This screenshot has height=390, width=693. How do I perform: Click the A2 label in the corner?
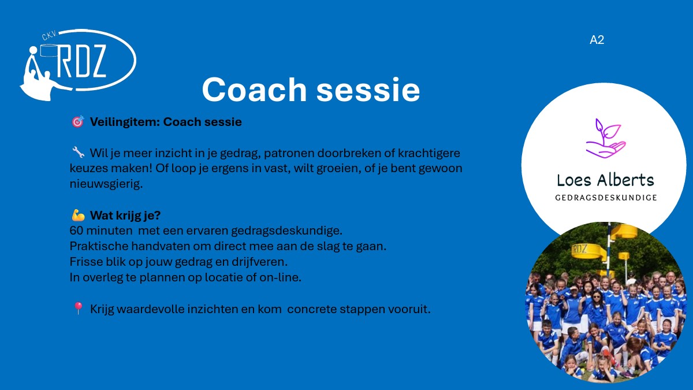click(x=597, y=40)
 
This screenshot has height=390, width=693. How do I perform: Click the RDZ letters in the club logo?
click(x=81, y=61)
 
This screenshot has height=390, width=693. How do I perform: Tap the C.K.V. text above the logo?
click(x=50, y=36)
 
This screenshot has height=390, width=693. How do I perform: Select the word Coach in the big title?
click(x=254, y=90)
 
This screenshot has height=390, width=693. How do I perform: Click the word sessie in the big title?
click(x=368, y=90)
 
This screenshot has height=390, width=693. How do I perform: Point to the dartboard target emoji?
click(x=77, y=122)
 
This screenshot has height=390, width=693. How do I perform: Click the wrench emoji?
click(x=78, y=153)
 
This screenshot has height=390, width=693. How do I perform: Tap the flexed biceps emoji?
click(x=78, y=215)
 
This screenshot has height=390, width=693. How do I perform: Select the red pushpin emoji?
click(x=78, y=309)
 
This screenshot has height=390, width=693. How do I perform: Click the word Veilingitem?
click(x=125, y=122)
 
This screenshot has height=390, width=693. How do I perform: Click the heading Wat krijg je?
click(x=125, y=216)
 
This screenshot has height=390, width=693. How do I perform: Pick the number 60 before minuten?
click(x=76, y=231)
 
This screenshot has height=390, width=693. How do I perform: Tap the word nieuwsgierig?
click(x=106, y=184)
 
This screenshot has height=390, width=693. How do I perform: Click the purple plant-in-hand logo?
click(x=605, y=138)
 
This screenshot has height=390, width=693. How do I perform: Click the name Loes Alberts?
click(x=605, y=180)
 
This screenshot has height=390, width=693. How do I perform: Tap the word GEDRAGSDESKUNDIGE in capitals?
click(x=606, y=198)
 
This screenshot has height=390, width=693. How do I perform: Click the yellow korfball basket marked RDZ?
click(x=586, y=251)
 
